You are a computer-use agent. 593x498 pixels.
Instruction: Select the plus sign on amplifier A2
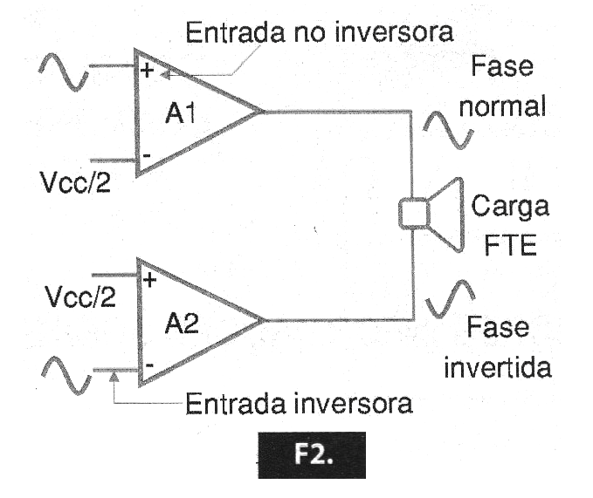pos(148,281)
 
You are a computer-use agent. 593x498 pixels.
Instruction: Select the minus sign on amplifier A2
pos(148,367)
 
